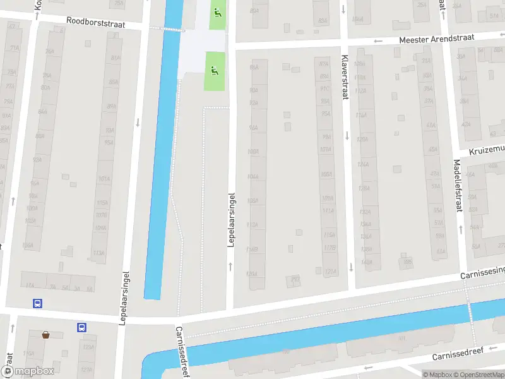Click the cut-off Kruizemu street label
pyautogui.click(x=487, y=149)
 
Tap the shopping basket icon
pyautogui.click(x=45, y=334)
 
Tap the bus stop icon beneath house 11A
pyautogui.click(x=38, y=303)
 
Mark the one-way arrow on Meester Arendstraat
pyautogui.click(x=378, y=42)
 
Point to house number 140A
pyautogui.click(x=367, y=261)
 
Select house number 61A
pyautogui.click(x=441, y=251)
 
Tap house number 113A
pyautogui.click(x=99, y=253)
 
